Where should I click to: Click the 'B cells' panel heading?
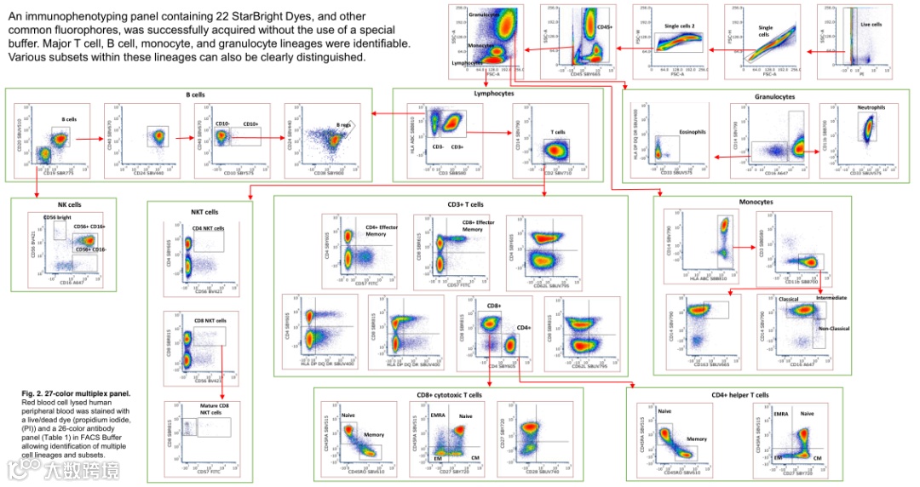point(195,95)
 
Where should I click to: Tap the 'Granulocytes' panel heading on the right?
point(774,97)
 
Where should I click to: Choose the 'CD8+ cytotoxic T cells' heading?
point(449,395)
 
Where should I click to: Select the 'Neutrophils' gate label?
point(871,108)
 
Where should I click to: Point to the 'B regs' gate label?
point(342,125)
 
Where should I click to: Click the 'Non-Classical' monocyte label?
point(835,328)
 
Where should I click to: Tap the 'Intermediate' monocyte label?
point(831,298)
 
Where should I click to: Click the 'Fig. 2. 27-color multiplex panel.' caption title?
point(78,393)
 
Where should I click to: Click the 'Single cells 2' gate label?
point(678,26)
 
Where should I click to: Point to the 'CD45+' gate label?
point(605,27)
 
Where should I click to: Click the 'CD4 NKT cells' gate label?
point(208,228)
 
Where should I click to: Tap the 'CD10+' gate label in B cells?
point(251,123)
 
